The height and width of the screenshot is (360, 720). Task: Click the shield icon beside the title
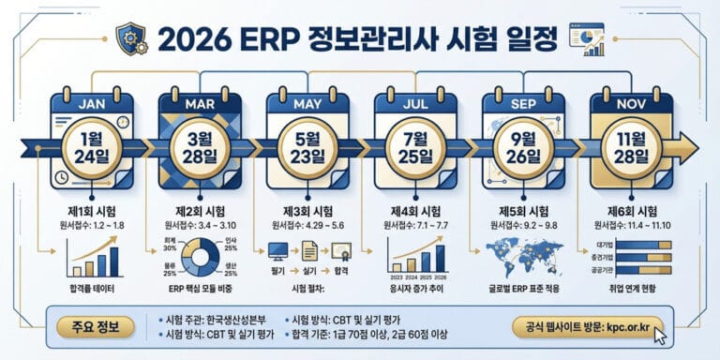[130, 38]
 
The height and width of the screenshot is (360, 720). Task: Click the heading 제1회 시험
[92, 210]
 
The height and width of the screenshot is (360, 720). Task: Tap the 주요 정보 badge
[97, 328]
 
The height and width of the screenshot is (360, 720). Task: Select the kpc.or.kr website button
[589, 327]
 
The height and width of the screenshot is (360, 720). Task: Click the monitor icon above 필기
[278, 249]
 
